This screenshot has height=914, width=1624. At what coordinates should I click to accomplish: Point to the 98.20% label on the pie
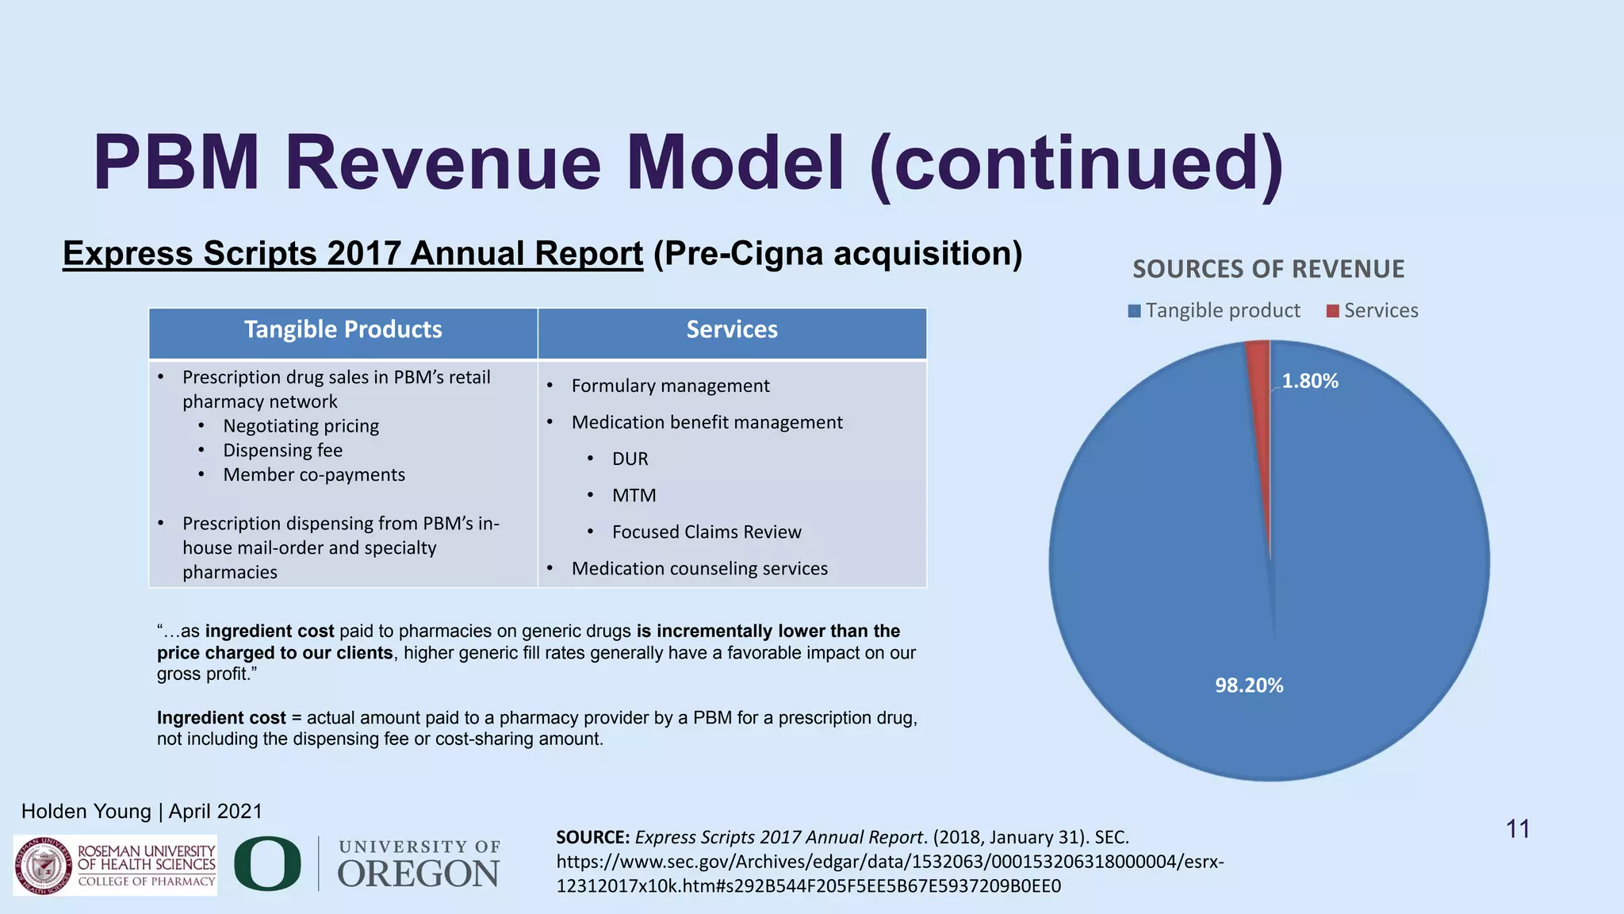1249,685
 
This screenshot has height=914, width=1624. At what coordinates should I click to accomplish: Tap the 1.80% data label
1310,382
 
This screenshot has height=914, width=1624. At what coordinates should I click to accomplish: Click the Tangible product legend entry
1214,310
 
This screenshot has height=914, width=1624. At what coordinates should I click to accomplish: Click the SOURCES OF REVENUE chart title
1268,270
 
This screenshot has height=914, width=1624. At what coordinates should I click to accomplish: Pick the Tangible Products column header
343,330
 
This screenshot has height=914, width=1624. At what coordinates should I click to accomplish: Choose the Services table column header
732,330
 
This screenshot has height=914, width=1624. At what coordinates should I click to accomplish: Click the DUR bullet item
630,459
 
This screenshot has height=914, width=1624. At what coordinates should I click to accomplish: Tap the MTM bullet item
634,496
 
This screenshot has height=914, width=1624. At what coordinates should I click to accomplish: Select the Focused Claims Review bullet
706,532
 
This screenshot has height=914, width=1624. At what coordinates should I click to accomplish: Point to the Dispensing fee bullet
282,451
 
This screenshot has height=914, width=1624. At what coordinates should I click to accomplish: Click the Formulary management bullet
670,386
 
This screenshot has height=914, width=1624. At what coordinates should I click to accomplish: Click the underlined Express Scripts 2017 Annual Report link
353,254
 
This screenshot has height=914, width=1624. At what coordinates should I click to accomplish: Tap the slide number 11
1517,829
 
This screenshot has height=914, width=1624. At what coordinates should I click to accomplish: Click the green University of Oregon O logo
267,863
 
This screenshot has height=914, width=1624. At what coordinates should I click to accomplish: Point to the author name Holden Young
86,812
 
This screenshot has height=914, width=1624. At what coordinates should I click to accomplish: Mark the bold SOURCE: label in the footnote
592,838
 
